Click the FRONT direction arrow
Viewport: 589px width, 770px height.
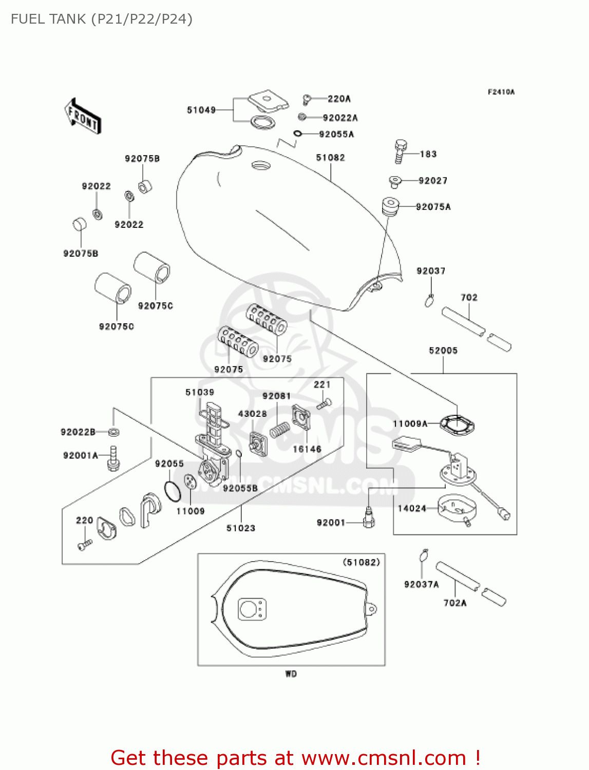83,117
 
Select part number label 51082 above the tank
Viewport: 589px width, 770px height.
330,158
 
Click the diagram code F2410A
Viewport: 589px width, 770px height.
501,92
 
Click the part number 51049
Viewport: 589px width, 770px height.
201,110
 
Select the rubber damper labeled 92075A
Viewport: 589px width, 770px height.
390,206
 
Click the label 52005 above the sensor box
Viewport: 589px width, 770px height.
443,351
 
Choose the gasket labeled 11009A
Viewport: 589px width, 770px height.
457,425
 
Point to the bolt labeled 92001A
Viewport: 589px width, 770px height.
113,458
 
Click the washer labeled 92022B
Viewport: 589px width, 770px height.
114,432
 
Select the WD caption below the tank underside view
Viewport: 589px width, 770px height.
291,673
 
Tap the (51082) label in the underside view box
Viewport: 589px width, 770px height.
361,562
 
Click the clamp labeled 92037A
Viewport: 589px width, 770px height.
423,555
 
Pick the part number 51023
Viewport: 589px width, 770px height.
241,528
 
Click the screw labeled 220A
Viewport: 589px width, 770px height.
308,99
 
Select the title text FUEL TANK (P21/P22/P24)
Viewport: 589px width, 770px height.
102,19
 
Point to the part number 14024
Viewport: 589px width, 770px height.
412,508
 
